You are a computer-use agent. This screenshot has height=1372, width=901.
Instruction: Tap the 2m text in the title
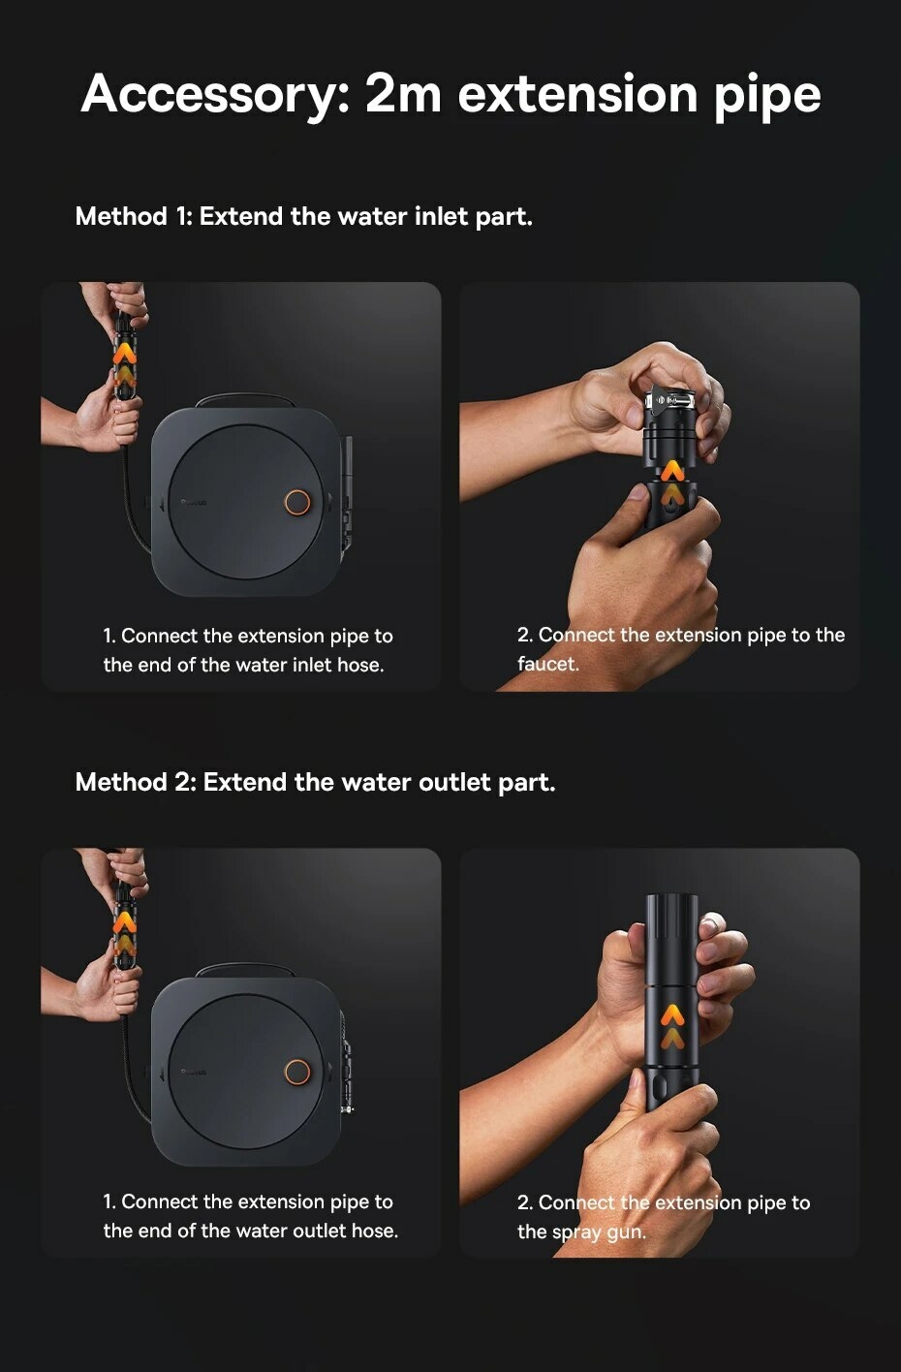[x=402, y=93]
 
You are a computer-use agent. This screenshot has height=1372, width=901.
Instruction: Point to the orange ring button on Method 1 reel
[x=297, y=502]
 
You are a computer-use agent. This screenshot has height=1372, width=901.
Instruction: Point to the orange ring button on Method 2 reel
[x=297, y=1072]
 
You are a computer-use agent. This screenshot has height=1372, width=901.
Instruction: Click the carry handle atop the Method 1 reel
[x=245, y=400]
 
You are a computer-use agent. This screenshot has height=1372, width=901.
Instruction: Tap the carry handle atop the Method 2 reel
[x=245, y=970]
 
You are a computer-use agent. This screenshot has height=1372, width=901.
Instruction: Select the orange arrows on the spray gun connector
[x=672, y=1026]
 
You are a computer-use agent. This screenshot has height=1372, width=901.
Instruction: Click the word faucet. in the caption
[x=548, y=664]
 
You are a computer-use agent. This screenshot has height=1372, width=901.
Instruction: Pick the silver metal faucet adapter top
[x=670, y=400]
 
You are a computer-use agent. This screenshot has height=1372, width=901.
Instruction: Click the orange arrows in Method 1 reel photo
[x=124, y=364]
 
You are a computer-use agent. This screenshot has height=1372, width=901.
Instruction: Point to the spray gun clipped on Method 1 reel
[x=346, y=490]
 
